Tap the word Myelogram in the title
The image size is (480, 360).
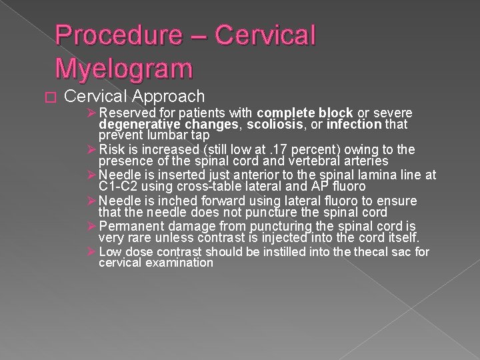point(125,67)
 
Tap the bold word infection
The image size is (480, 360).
point(355,125)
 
